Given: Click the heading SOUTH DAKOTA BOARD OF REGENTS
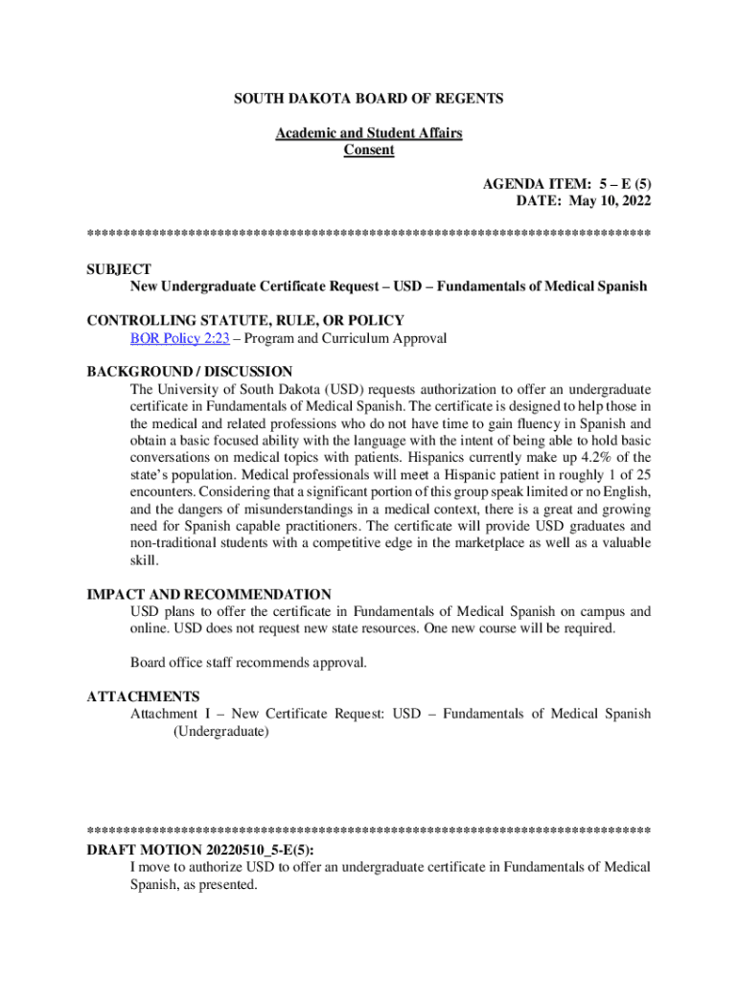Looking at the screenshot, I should tap(369, 99).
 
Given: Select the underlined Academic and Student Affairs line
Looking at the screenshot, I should tap(369, 133).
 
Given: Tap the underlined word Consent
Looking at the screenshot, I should tap(369, 150).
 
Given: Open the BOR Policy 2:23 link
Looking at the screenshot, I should tap(179, 338).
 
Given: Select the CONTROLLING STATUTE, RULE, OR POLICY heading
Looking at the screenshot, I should tap(245, 321).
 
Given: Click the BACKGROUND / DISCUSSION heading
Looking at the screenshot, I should tap(190, 372).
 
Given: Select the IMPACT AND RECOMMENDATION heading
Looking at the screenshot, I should tap(209, 595).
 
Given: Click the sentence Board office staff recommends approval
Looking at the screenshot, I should tap(248, 662).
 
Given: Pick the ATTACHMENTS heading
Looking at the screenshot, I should tap(143, 696).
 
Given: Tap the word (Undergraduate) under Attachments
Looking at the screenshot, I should tap(221, 732).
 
